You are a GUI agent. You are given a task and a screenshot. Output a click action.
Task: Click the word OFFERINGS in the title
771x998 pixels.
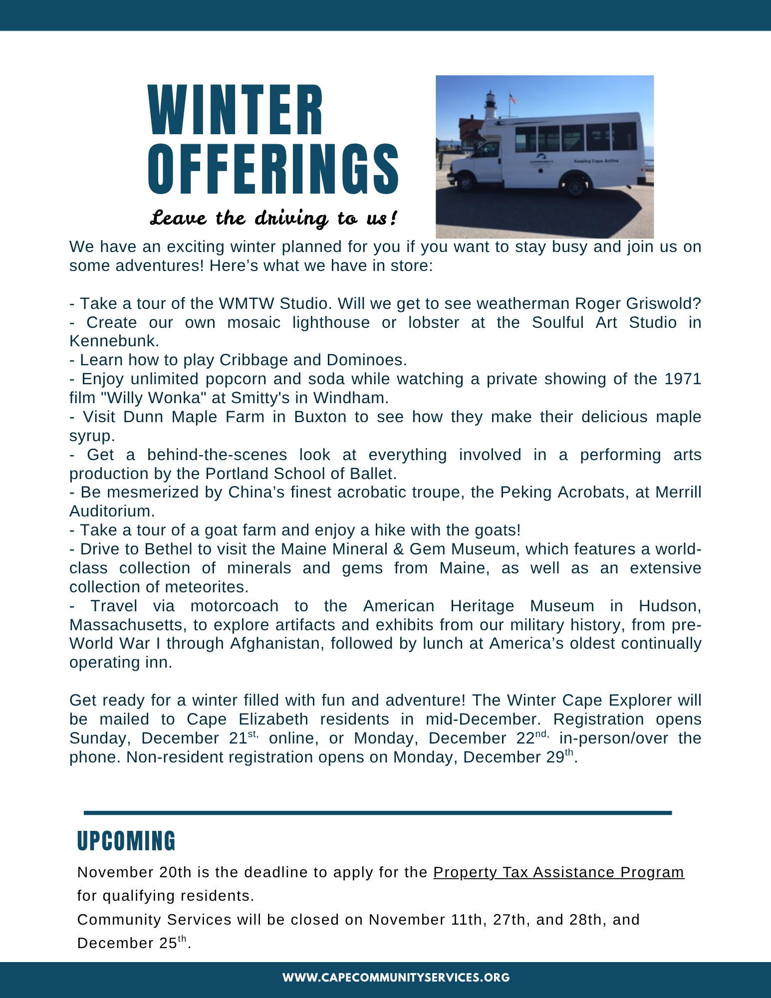pos(273,169)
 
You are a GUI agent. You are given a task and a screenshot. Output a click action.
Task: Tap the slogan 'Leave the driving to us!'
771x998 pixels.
pos(274,219)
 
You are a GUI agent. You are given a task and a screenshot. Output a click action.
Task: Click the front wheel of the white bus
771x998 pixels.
pos(467,182)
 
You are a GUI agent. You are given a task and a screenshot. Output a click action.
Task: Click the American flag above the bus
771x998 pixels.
pos(513,98)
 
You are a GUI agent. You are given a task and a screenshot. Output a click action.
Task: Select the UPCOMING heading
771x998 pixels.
pos(126,841)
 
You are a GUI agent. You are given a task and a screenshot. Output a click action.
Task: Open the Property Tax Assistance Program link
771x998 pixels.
pos(558,872)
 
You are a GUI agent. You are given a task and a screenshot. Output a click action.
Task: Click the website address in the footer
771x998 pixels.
pos(396,978)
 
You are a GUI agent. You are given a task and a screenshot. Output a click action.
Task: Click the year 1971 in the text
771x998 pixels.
pos(683,379)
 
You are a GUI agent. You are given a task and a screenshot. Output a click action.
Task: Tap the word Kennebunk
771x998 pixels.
pos(113,341)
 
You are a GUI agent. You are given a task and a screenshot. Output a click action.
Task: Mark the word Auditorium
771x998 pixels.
pos(111,511)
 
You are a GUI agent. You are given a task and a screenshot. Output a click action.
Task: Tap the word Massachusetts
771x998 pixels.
pos(128,625)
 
